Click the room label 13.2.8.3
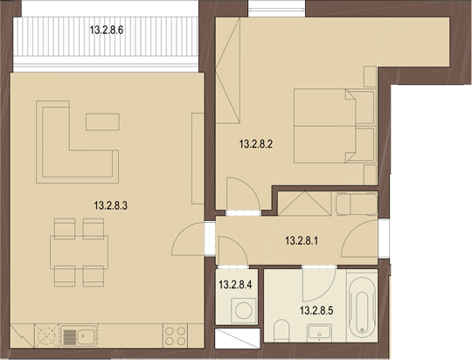tap(111, 206)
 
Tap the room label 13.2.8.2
tap(257, 146)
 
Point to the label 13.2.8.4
tap(235, 284)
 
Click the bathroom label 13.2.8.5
tap(318, 309)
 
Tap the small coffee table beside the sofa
tap(103, 121)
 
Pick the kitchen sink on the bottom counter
tap(80, 335)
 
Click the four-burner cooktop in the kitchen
tap(175, 335)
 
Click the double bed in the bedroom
tap(330, 127)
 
